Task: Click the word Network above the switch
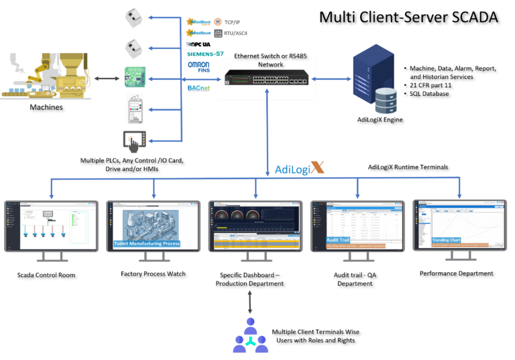click(x=270, y=65)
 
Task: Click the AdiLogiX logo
click(x=299, y=168)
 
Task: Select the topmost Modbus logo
click(x=198, y=21)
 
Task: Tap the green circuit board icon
click(x=134, y=78)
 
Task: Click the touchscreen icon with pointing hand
click(x=134, y=141)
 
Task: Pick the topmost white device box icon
click(x=133, y=17)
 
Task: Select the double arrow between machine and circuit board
click(x=107, y=79)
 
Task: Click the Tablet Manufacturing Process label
click(x=147, y=243)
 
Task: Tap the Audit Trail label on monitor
click(x=339, y=239)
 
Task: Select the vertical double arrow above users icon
click(x=250, y=302)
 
